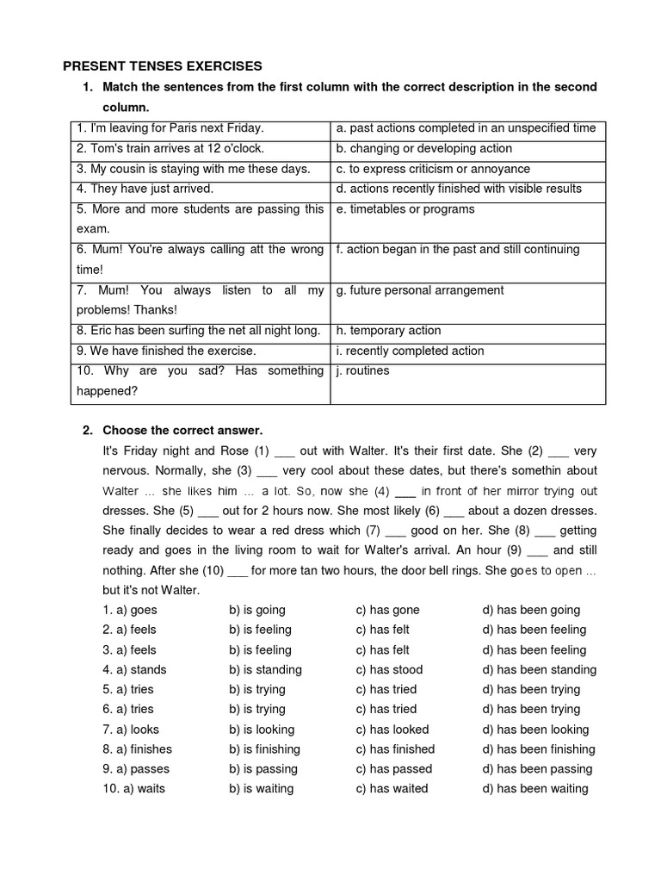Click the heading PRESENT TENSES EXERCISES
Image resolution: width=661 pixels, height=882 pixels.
(x=162, y=66)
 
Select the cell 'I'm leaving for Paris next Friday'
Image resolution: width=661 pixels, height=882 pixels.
(x=170, y=128)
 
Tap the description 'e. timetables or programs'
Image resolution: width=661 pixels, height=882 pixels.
(x=405, y=209)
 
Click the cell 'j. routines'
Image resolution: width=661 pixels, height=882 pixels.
(x=362, y=371)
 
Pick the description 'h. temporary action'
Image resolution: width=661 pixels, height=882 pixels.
(x=388, y=331)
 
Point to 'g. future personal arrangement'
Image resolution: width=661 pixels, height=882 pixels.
(x=420, y=290)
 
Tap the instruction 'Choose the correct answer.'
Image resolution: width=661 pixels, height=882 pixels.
(x=182, y=430)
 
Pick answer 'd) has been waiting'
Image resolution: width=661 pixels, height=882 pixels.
(x=535, y=788)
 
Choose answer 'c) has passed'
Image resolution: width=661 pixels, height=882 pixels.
(x=393, y=768)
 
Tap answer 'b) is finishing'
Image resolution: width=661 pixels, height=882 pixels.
(x=264, y=748)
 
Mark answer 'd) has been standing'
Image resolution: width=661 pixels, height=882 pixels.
(x=539, y=669)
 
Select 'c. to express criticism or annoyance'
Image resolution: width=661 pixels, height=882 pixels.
(x=433, y=169)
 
